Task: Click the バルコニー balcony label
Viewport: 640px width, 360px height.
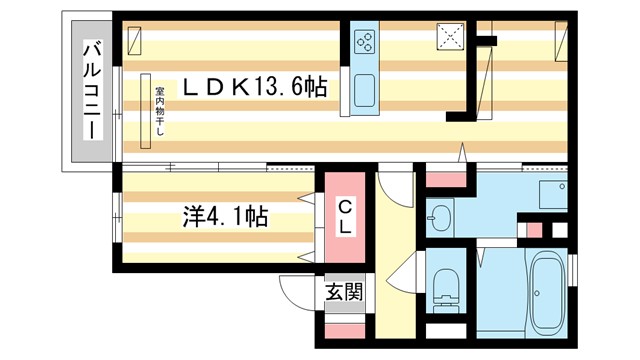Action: [x=91, y=91]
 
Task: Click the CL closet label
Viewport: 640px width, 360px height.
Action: [x=343, y=218]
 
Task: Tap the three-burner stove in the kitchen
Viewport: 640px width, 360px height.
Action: [x=365, y=43]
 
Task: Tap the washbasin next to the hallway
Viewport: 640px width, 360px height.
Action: [x=440, y=214]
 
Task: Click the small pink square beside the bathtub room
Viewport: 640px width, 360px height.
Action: [x=534, y=229]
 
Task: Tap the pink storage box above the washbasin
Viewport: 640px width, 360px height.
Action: [x=446, y=180]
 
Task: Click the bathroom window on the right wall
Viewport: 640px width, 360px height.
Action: [x=573, y=270]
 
